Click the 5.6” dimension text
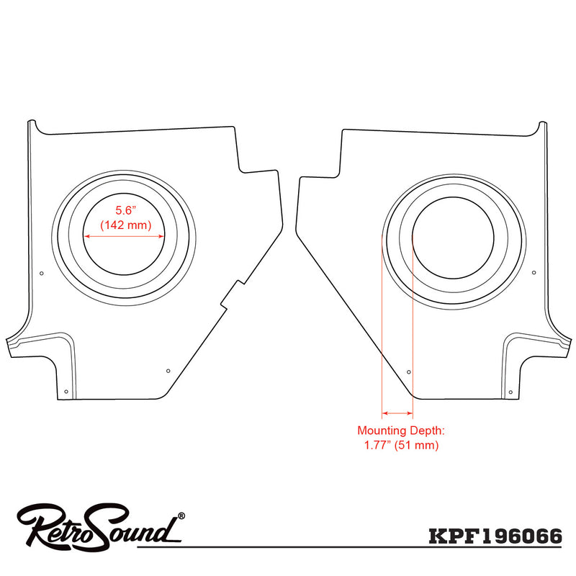(x=126, y=210)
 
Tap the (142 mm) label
(x=126, y=225)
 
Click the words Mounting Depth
(x=401, y=431)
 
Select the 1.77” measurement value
(x=377, y=445)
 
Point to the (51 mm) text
(x=417, y=445)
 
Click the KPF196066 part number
(x=495, y=536)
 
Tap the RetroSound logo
(x=100, y=526)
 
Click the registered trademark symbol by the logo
(x=181, y=516)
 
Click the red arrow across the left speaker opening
(x=124, y=236)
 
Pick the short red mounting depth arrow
(x=397, y=413)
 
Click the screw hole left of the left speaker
(x=42, y=274)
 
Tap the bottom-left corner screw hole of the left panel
(x=66, y=392)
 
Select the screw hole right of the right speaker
(x=534, y=273)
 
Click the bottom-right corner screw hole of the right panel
(x=510, y=392)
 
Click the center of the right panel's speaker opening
(x=453, y=238)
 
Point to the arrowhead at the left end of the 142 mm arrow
(x=87, y=236)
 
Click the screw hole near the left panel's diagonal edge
(x=168, y=371)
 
